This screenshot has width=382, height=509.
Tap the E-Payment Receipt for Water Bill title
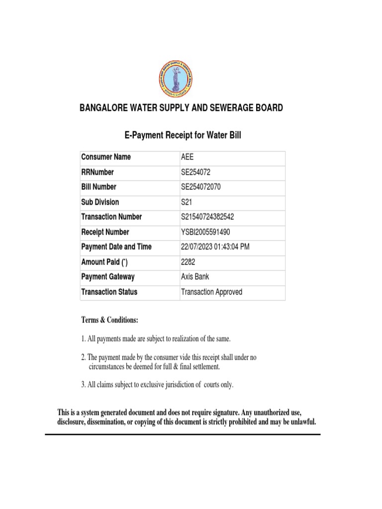[x=182, y=135]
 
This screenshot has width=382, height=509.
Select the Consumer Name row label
[x=106, y=157]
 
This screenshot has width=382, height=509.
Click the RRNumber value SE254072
[x=199, y=172]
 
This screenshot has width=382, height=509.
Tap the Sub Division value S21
[x=187, y=202]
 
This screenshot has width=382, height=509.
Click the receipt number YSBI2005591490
[x=205, y=232]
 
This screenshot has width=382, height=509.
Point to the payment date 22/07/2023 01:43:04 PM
[x=216, y=247]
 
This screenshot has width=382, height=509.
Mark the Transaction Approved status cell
[x=212, y=292]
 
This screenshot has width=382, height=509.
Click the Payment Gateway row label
[x=108, y=277]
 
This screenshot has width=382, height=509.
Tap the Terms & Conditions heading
[x=109, y=320]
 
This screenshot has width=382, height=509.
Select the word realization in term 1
[x=189, y=339]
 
